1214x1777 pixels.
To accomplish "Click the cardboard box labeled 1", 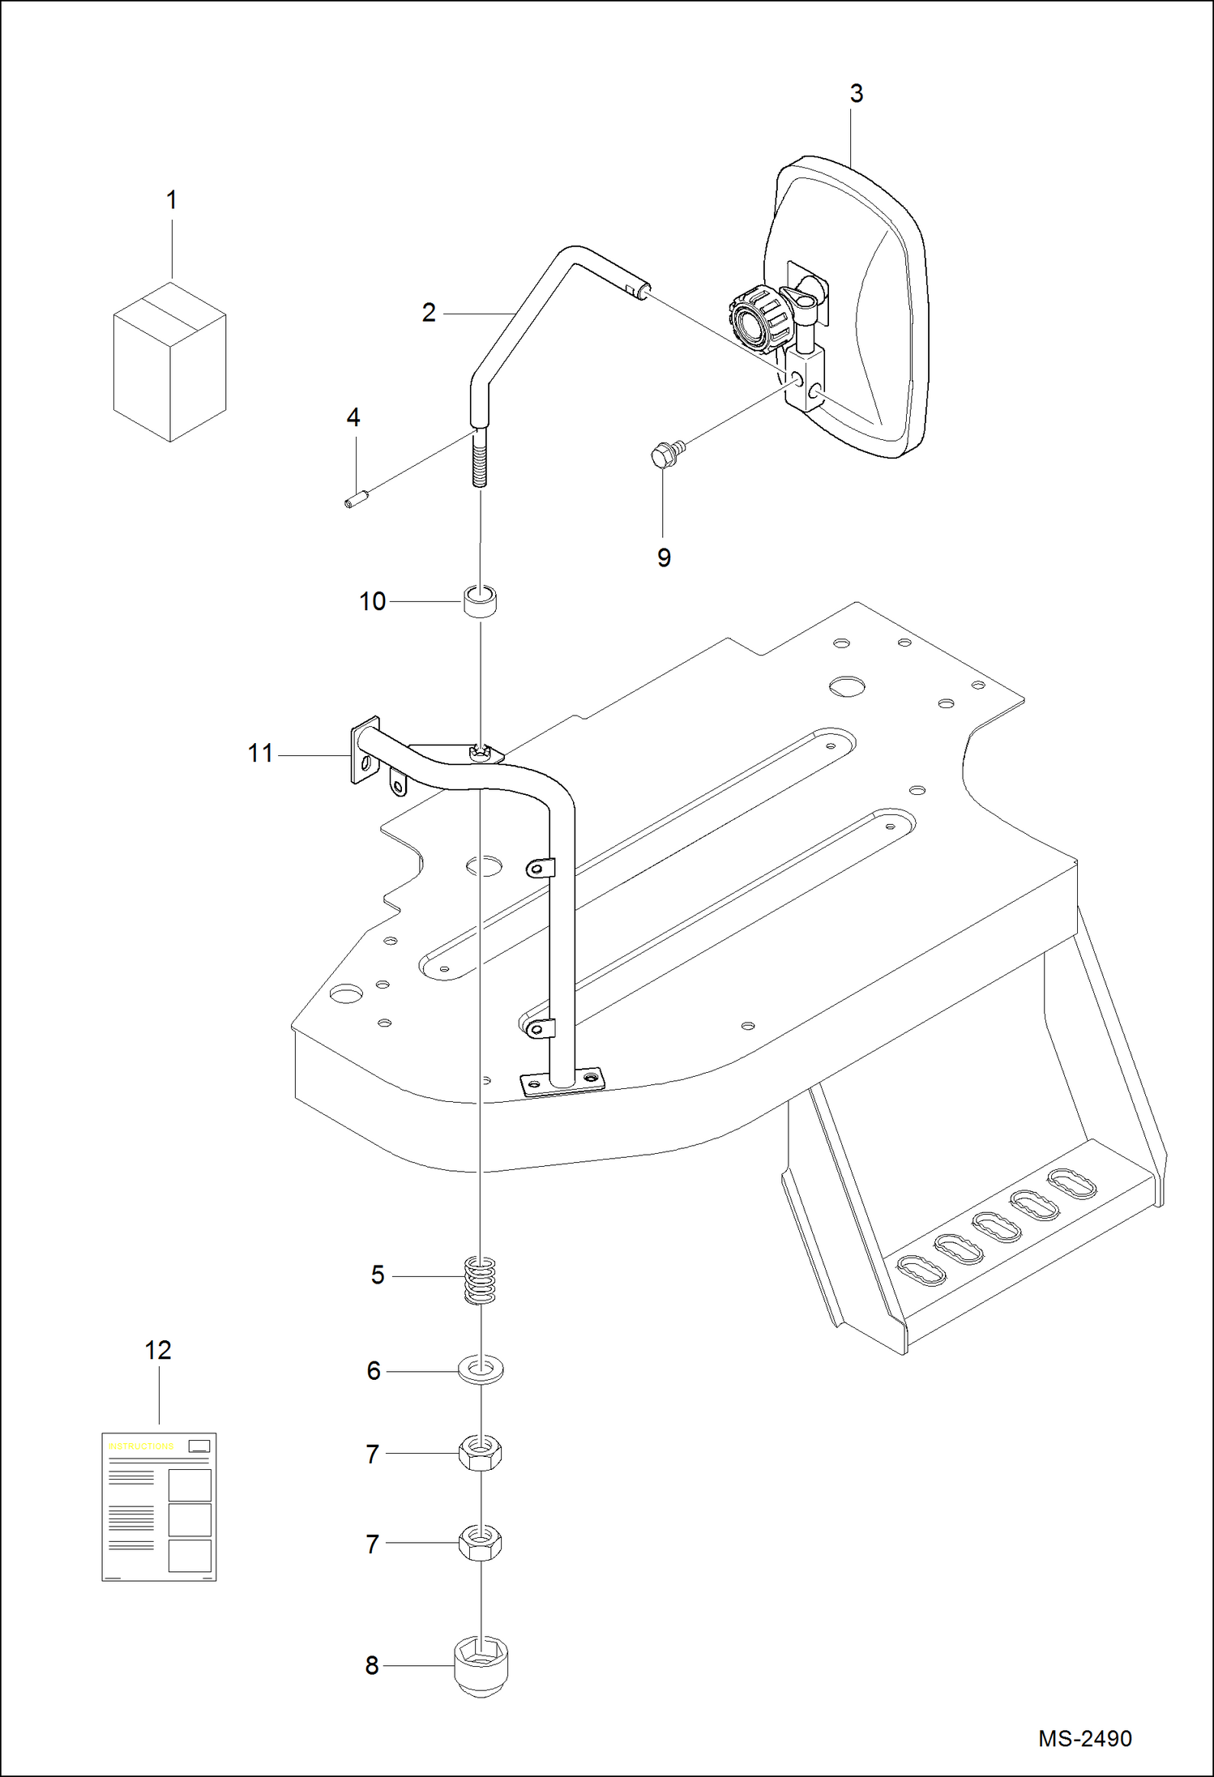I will click(x=169, y=362).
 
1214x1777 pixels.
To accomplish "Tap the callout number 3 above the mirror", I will click(x=857, y=94).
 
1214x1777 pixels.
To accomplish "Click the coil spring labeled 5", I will click(x=480, y=1280).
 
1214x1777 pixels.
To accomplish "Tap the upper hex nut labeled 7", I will click(x=480, y=1453).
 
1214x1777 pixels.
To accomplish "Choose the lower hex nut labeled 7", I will click(x=480, y=1542).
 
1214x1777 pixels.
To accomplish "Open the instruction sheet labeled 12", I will click(x=159, y=1506).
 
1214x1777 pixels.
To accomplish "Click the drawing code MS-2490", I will click(x=1084, y=1738).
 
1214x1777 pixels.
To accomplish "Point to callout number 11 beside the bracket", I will click(x=260, y=754).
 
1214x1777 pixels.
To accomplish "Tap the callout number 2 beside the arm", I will click(x=429, y=313).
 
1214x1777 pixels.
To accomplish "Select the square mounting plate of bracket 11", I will click(x=365, y=750).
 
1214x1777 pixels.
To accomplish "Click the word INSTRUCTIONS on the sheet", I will click(x=141, y=1446).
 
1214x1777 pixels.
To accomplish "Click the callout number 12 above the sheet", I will click(x=158, y=1351).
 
